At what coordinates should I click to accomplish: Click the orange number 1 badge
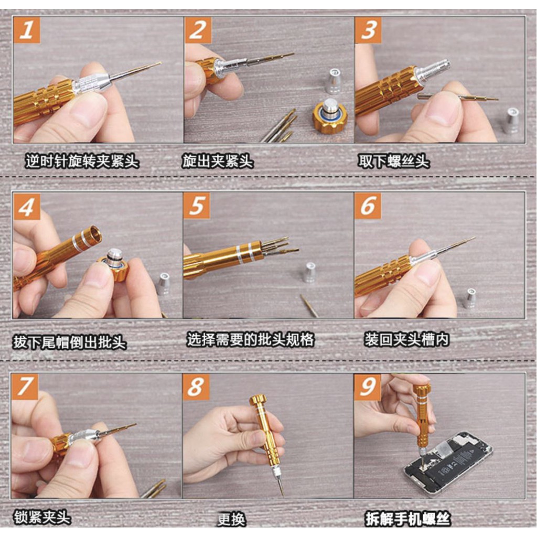(27, 30)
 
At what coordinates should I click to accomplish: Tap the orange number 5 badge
(197, 206)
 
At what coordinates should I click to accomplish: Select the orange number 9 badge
(368, 387)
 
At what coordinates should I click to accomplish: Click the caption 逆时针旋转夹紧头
(82, 161)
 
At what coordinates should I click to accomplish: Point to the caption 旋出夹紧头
(218, 161)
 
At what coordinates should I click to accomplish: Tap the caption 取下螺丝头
(393, 161)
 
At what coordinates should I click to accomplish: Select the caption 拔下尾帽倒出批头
(70, 342)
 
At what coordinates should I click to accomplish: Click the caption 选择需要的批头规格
(250, 339)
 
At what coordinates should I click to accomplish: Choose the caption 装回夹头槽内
(406, 339)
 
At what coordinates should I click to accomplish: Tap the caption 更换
(231, 519)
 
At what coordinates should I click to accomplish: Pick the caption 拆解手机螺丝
(407, 519)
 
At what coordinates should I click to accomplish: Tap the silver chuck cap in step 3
(512, 120)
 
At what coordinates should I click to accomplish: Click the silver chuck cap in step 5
(310, 272)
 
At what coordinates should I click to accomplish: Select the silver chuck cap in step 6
(471, 298)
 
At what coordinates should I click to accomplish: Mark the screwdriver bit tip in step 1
(160, 62)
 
